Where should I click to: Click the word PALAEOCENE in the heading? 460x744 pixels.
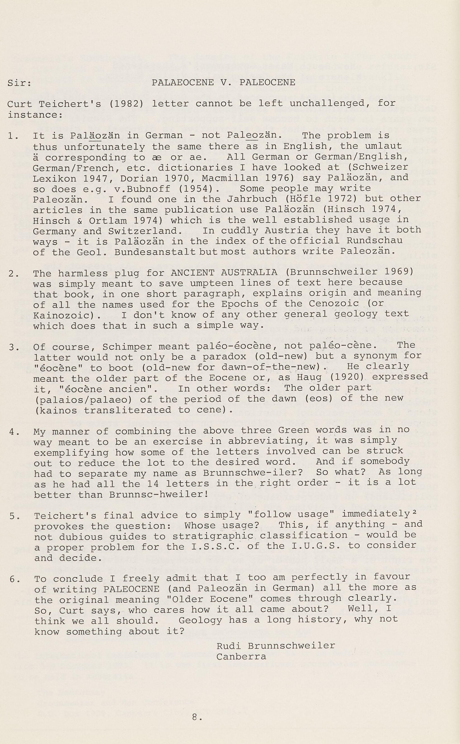coord(183,83)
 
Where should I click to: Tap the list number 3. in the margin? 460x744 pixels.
coord(13,347)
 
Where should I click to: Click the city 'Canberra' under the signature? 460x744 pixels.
coord(241,657)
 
